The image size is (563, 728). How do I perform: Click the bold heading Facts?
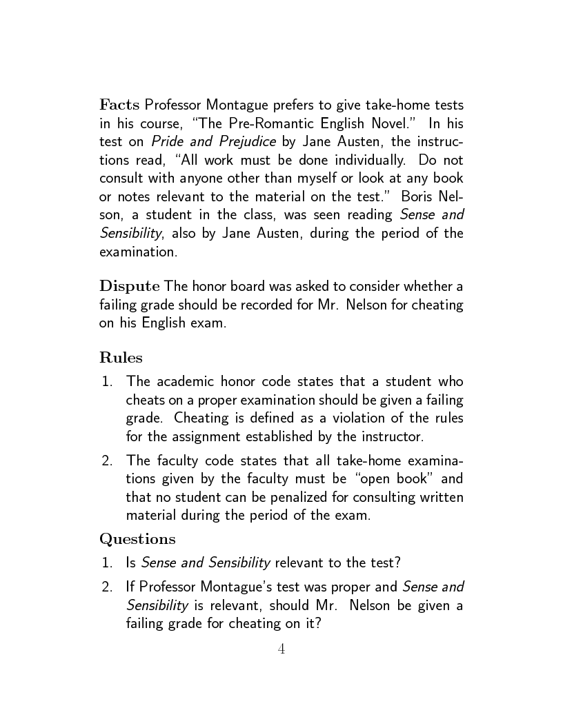pyautogui.click(x=120, y=105)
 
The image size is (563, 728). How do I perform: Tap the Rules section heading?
pyautogui.click(x=121, y=357)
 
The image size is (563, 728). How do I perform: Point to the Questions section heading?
pyautogui.click(x=137, y=538)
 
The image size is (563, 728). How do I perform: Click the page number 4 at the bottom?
pyautogui.click(x=281, y=649)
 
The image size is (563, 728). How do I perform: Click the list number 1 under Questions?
pyautogui.click(x=106, y=563)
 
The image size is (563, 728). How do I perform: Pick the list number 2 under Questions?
pyautogui.click(x=106, y=587)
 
